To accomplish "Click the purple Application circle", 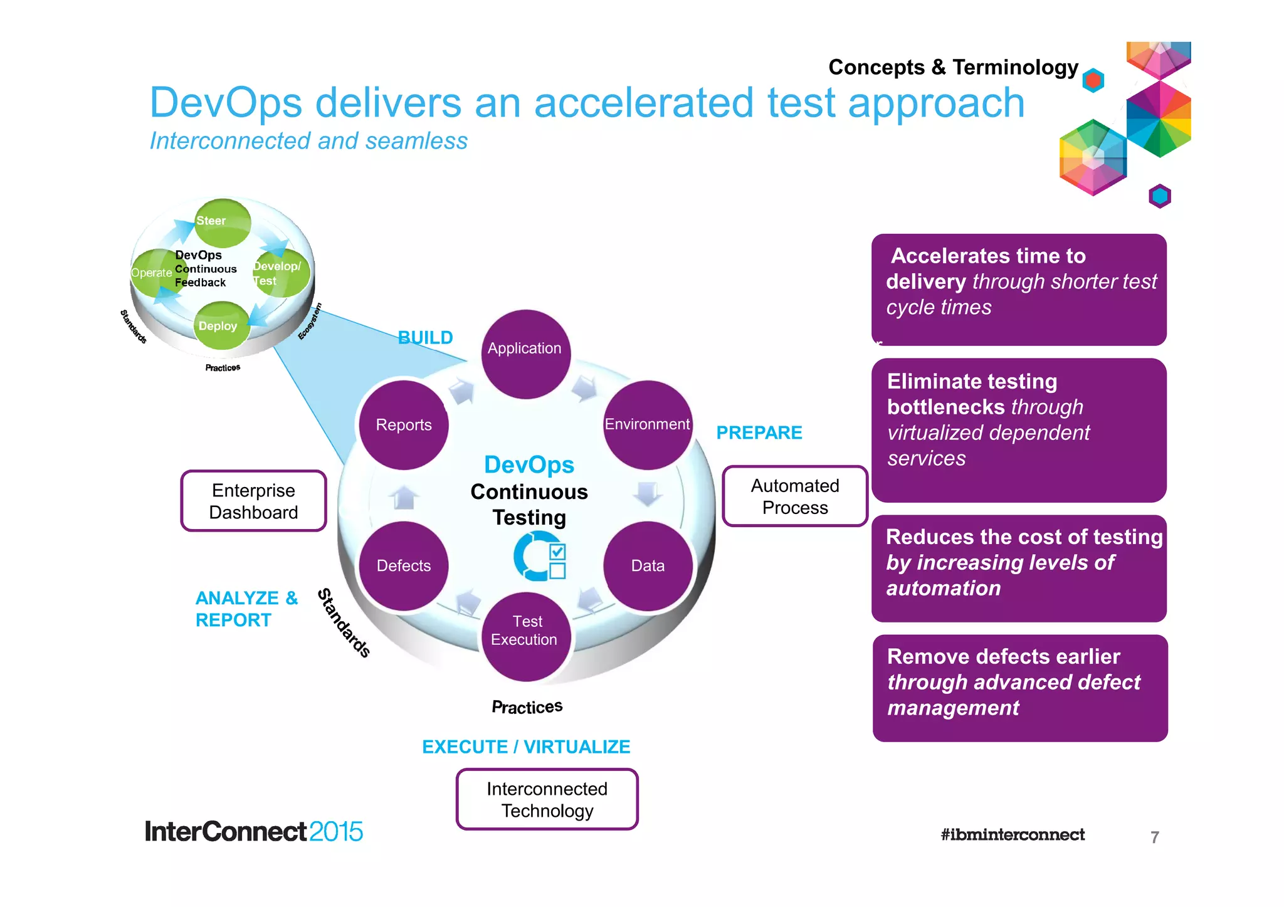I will (525, 354).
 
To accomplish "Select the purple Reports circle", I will (404, 425).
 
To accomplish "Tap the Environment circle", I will (647, 425).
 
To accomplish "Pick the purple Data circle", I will (648, 565).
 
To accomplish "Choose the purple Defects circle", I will (404, 565).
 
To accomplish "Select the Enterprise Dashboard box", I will (253, 501).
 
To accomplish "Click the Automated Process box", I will (795, 496).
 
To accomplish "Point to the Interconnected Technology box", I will (547, 799).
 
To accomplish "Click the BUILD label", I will (425, 338).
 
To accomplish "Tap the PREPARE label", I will (759, 433).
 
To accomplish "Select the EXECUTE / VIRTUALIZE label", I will (526, 747).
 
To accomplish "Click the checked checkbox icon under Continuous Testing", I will (557, 552).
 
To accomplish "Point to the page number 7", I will (1154, 837).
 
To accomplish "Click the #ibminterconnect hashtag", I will (1012, 834).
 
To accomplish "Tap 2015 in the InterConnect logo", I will (335, 832).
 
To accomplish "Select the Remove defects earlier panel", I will (1019, 688).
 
